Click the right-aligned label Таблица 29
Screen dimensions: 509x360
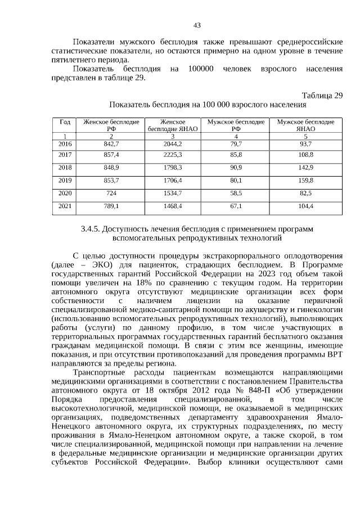click(x=322, y=95)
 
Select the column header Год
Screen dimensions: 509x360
click(x=65, y=121)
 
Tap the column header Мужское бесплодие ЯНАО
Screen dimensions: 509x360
click(x=305, y=125)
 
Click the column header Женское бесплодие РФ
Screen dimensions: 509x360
click(x=111, y=125)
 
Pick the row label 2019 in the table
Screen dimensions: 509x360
click(x=65, y=181)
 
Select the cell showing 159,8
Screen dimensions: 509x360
click(x=305, y=181)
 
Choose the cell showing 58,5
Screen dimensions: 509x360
click(x=236, y=193)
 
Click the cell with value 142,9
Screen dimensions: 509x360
click(x=305, y=168)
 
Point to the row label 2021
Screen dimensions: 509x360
click(x=65, y=206)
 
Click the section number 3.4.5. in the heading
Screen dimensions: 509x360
click(x=91, y=229)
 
